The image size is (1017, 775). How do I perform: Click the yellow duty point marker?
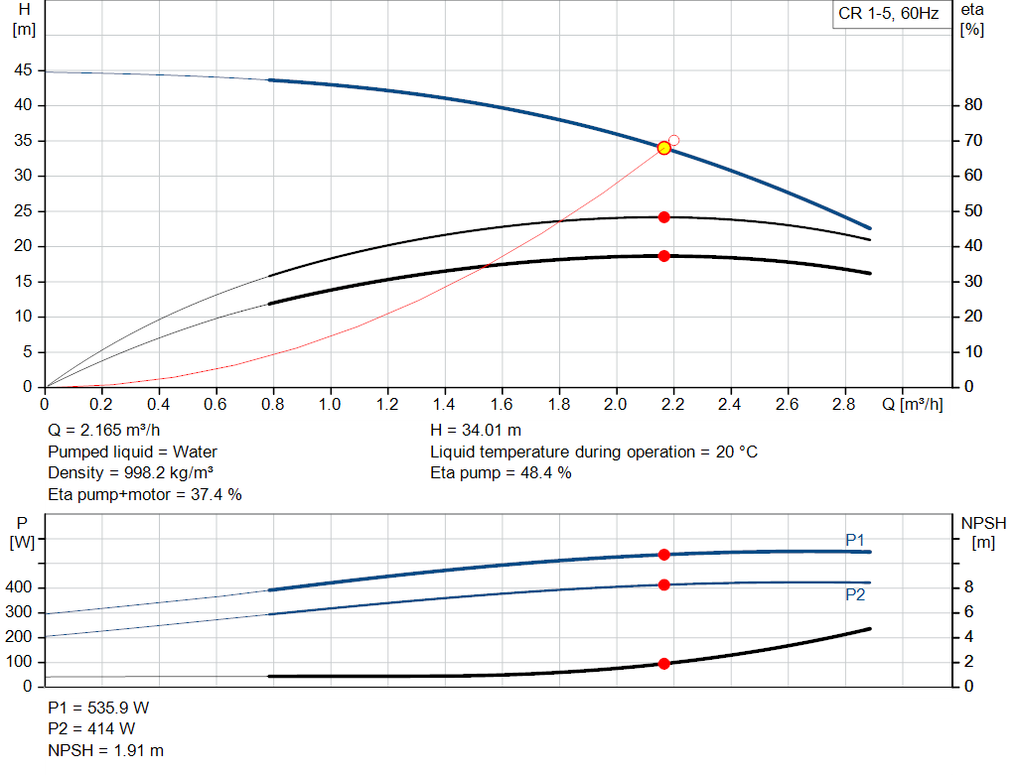pos(663,149)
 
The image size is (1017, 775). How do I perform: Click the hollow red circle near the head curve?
pos(674,140)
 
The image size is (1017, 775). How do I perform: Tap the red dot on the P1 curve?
pos(663,555)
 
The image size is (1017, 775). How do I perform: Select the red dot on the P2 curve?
pos(663,585)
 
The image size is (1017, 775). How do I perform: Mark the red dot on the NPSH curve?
pos(663,664)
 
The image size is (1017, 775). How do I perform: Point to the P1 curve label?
pos(855,540)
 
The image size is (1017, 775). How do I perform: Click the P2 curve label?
pos(855,594)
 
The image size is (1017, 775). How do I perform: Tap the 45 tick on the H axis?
pos(23,70)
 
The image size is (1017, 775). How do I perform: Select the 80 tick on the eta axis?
pos(973,105)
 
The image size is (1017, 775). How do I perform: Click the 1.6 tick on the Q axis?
pos(502,404)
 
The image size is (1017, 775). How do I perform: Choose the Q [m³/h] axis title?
pos(913,404)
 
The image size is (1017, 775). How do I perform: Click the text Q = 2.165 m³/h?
pos(103,431)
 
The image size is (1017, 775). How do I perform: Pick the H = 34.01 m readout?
pos(476,431)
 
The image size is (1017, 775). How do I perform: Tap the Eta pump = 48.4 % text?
pos(501,473)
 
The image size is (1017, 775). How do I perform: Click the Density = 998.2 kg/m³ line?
pos(130,473)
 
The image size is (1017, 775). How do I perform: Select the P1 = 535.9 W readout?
pos(98,708)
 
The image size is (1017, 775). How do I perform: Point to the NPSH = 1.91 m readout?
pos(105,750)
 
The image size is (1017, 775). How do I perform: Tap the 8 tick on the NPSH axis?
pos(968,587)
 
